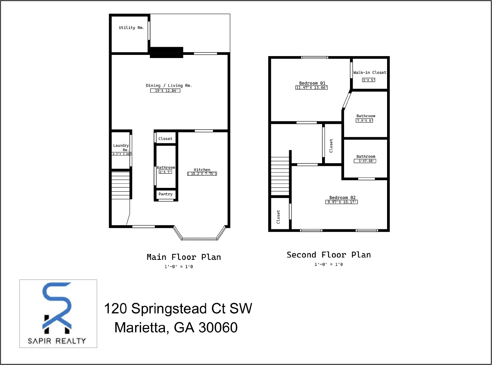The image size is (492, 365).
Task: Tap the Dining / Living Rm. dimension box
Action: [x=165, y=90]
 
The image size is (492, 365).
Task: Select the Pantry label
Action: [x=165, y=194]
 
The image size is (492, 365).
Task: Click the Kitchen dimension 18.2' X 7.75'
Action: [x=202, y=174]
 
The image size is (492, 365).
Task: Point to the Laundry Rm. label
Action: [x=121, y=147]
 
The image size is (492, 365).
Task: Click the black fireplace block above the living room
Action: [x=166, y=53]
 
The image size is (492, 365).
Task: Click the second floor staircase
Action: [x=280, y=176]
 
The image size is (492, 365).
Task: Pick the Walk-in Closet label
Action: [x=370, y=72]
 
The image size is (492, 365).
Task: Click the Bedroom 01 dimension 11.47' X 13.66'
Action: [x=312, y=88]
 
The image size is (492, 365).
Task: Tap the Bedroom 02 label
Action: [x=342, y=198]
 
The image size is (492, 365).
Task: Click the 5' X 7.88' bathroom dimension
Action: [x=365, y=161]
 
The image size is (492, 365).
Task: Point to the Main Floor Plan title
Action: [x=183, y=257]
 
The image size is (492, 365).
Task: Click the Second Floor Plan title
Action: [x=329, y=255]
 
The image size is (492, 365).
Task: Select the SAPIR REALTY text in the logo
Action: [x=57, y=341]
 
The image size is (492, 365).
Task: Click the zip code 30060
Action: [x=218, y=328]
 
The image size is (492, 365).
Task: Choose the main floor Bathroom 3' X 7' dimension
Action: [x=165, y=172]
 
